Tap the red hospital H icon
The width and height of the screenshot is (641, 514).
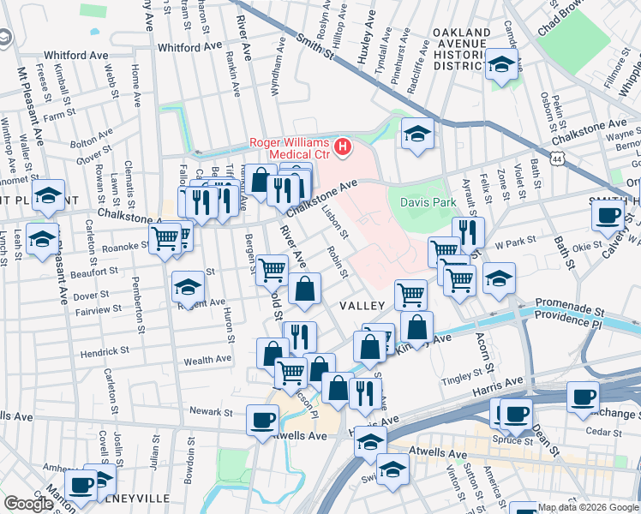point(343,148)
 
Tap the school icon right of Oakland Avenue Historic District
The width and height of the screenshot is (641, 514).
point(501,64)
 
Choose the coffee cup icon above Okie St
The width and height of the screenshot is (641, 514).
point(608,214)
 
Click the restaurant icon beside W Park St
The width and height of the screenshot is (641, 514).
point(468,231)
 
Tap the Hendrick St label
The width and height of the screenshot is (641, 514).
point(105,351)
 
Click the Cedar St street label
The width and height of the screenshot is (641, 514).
point(606,433)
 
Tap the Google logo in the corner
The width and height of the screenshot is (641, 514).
point(28,504)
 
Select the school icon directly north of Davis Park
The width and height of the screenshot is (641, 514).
point(417,134)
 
